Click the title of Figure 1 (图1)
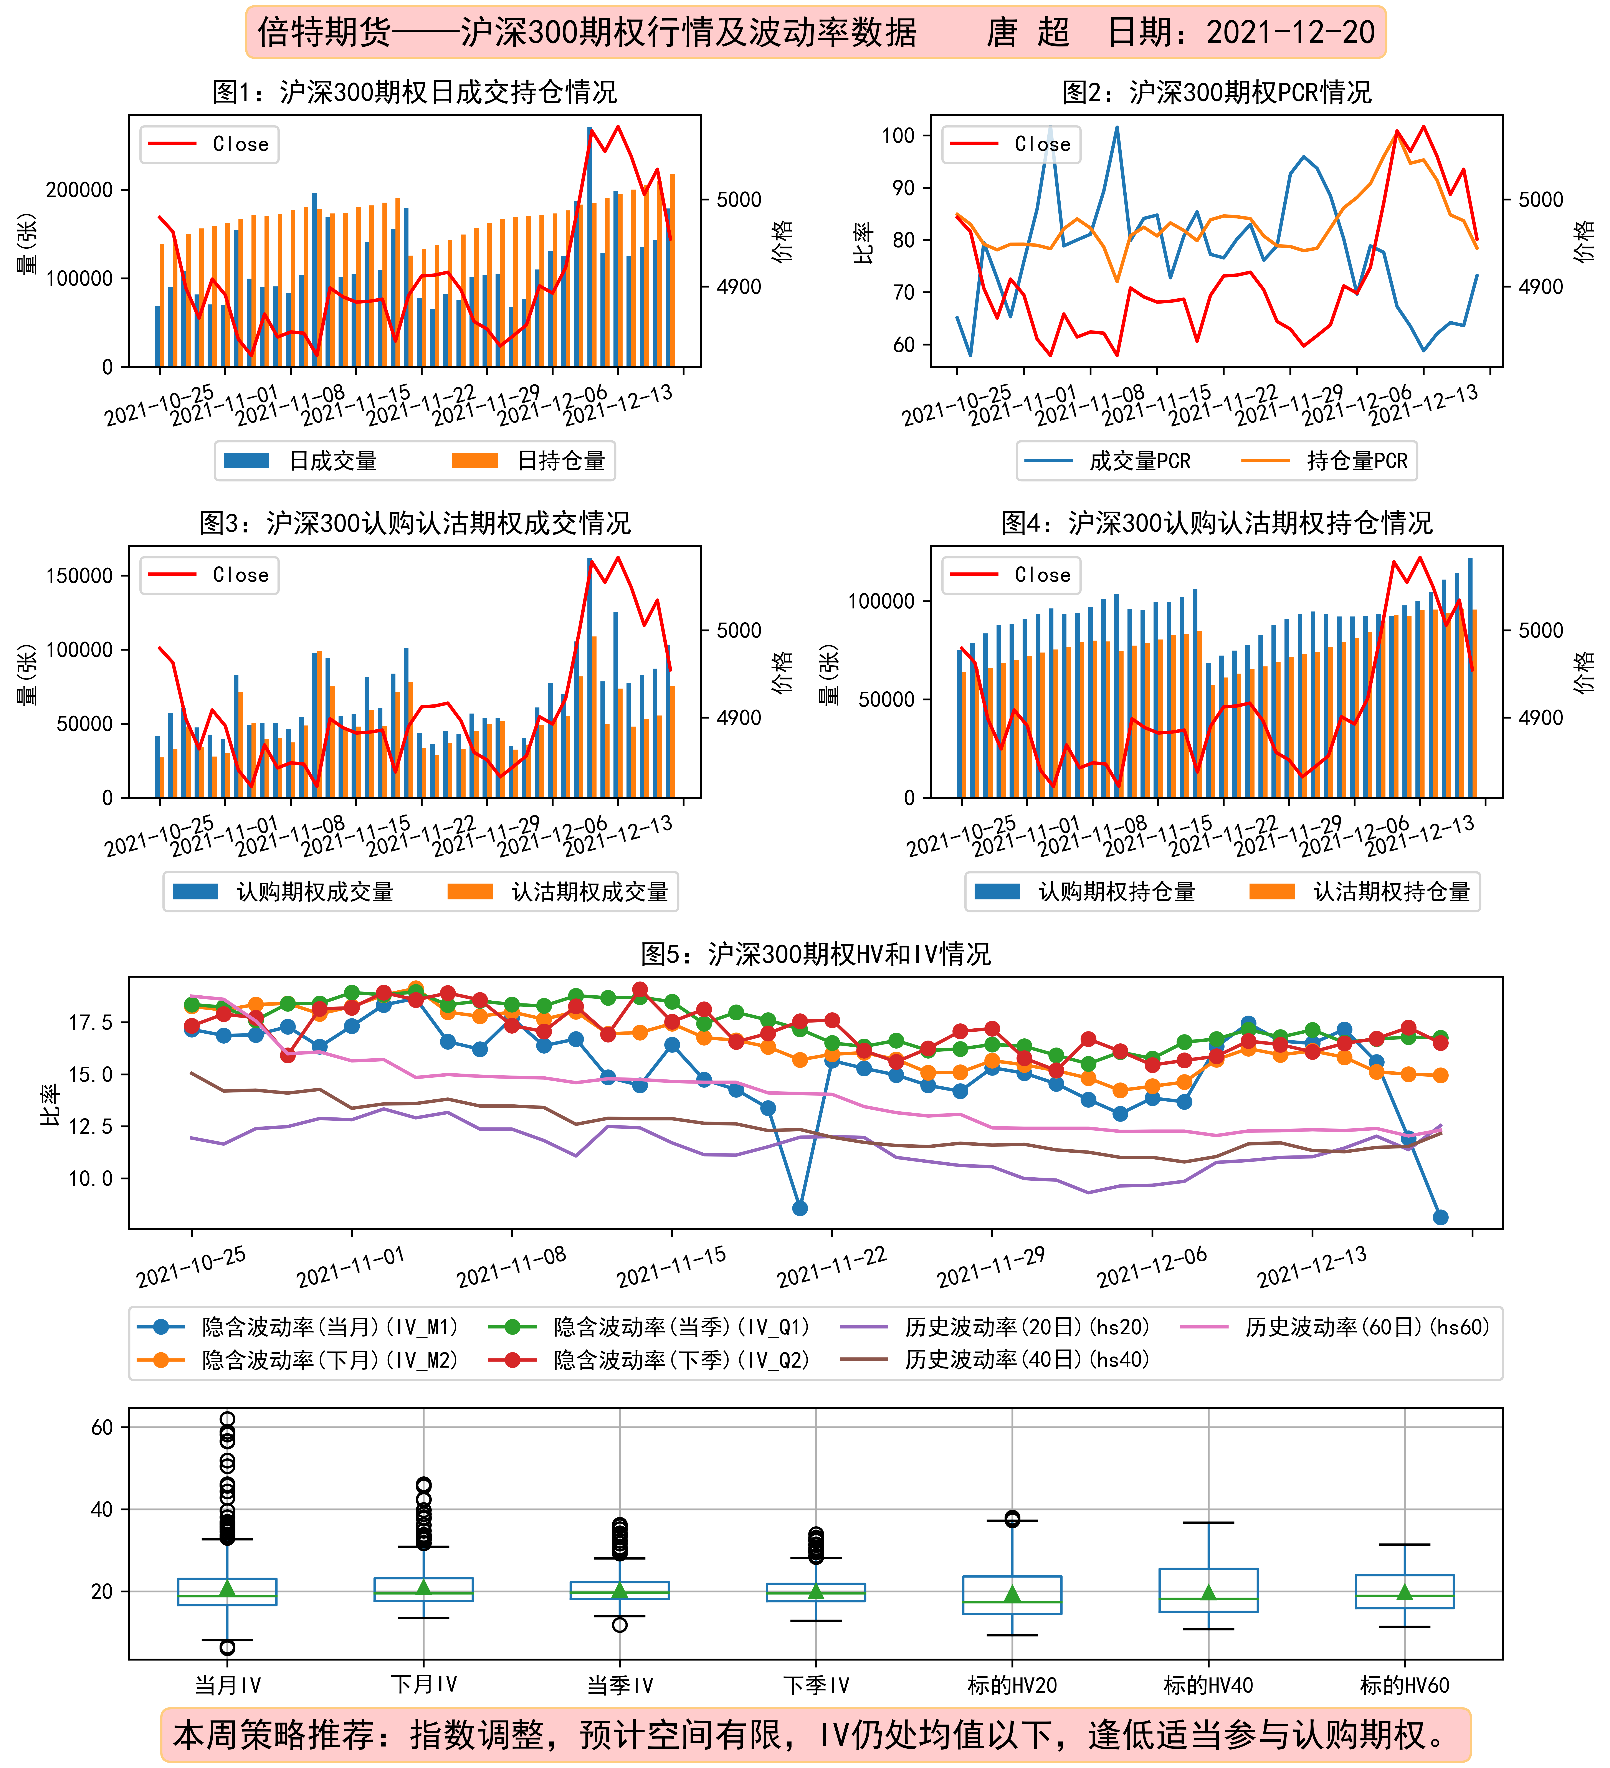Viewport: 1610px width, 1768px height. click(x=415, y=92)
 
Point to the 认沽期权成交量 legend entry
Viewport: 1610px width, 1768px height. click(x=558, y=892)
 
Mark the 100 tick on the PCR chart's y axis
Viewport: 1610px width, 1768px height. click(x=898, y=135)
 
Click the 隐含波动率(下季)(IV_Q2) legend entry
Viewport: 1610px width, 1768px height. click(x=649, y=1360)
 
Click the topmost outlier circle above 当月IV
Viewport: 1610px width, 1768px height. click(x=227, y=1419)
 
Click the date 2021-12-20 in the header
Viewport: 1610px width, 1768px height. click(x=1291, y=32)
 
